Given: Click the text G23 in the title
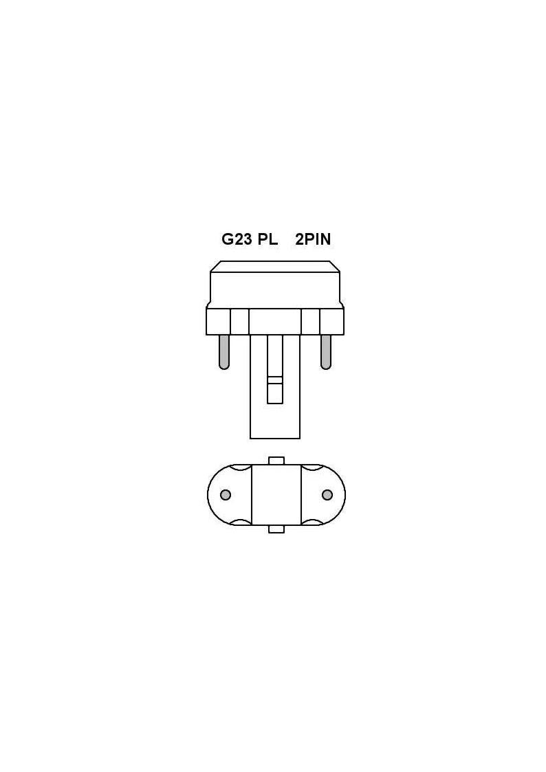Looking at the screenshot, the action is click(237, 239).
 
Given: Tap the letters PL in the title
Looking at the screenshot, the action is click(267, 239).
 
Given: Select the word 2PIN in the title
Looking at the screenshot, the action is click(313, 239).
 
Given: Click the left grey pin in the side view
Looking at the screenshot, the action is click(224, 352).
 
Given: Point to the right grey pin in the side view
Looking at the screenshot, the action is click(325, 352).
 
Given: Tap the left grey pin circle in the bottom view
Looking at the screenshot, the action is click(226, 494).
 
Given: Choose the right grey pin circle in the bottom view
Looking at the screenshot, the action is click(327, 494).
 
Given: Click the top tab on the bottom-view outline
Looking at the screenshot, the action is click(276, 461).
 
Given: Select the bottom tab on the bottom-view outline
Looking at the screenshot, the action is click(276, 528).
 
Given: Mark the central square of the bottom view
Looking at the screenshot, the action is click(276, 495).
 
